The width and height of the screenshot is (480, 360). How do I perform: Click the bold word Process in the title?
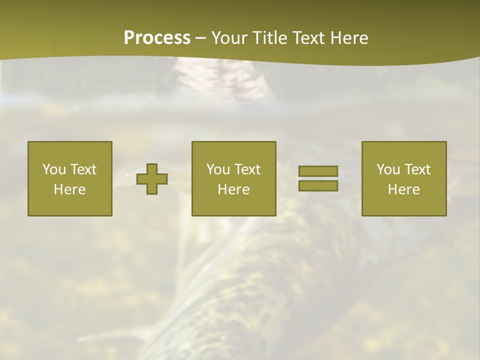(157, 38)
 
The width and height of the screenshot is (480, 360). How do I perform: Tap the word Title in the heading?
(271, 38)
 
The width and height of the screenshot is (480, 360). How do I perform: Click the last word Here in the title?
(350, 38)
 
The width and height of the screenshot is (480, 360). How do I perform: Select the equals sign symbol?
(318, 178)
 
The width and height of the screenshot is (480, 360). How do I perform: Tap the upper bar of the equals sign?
(318, 171)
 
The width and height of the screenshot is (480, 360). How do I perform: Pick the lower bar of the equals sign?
(318, 185)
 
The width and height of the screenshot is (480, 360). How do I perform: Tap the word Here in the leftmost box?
(70, 189)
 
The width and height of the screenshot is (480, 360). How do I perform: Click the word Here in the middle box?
(233, 189)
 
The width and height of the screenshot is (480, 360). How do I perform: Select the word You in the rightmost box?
(387, 169)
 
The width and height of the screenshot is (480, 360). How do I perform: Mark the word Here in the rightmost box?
(403, 189)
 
